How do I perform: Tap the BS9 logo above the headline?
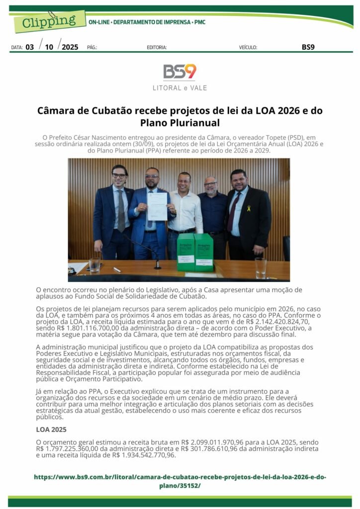tap(180, 72)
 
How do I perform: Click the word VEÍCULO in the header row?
tap(248, 48)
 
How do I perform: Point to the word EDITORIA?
tap(157, 48)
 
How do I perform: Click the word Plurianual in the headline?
tap(192, 122)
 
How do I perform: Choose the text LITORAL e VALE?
tap(180, 88)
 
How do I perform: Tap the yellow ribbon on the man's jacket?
tap(249, 208)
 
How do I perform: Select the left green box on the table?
tap(186, 251)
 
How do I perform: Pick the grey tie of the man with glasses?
tap(121, 211)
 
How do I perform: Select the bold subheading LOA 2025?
tap(51, 429)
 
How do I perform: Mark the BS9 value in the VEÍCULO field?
tap(308, 47)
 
